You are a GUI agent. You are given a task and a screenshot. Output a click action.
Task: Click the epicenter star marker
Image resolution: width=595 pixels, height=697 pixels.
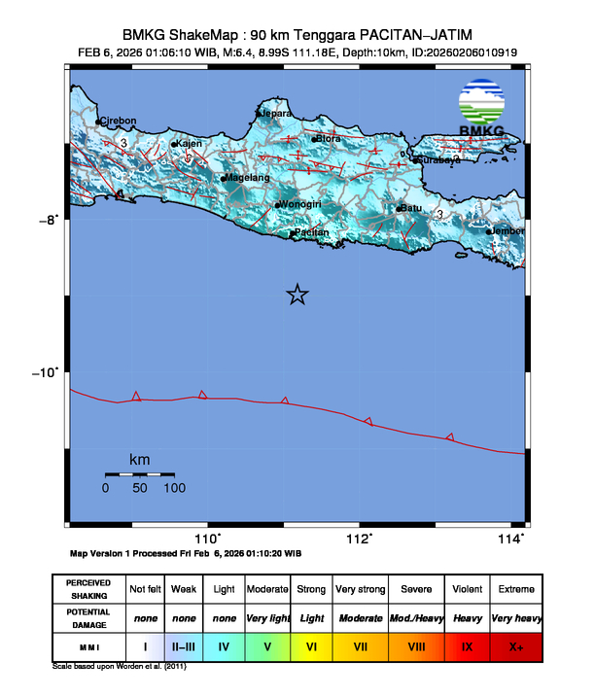pyautogui.click(x=297, y=295)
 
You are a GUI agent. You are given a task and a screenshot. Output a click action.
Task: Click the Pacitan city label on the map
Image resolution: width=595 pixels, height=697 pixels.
pyautogui.click(x=312, y=232)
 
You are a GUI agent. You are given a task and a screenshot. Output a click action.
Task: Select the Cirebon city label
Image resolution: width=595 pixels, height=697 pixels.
pyautogui.click(x=119, y=122)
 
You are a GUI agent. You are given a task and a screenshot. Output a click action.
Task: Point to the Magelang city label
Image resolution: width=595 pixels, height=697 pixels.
pyautogui.click(x=247, y=178)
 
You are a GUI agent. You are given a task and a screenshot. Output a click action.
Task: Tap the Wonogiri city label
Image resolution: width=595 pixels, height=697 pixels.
pyautogui.click(x=300, y=204)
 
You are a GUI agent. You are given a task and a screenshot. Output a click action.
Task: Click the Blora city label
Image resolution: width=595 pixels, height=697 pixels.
pyautogui.click(x=329, y=138)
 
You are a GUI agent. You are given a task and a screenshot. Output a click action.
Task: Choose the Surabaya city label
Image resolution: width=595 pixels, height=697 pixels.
pyautogui.click(x=438, y=160)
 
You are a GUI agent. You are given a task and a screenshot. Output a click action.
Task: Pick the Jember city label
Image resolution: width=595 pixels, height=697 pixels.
pyautogui.click(x=507, y=231)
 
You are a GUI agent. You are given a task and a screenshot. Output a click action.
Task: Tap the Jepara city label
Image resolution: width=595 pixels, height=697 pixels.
pyautogui.click(x=275, y=114)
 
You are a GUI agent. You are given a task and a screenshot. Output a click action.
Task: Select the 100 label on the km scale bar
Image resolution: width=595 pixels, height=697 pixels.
pyautogui.click(x=175, y=488)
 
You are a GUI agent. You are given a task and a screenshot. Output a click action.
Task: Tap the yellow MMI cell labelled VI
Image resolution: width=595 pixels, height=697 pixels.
pyautogui.click(x=312, y=645)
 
